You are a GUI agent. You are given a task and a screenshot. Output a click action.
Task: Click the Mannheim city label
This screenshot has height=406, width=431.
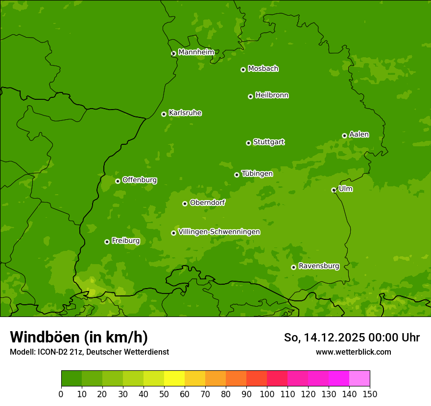click(x=196, y=52)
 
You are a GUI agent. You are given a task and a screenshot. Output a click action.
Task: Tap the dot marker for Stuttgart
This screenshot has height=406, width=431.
click(x=248, y=143)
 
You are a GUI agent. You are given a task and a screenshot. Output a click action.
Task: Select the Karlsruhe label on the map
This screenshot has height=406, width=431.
click(x=185, y=113)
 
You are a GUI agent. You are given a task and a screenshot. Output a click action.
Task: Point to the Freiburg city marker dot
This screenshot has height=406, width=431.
click(x=107, y=242)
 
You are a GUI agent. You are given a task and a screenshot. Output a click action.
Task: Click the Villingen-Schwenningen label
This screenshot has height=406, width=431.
click(x=219, y=232)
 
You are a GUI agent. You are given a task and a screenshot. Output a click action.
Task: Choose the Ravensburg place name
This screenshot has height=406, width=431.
click(x=318, y=266)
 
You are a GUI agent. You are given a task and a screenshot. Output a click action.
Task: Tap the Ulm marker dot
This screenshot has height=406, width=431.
click(x=334, y=190)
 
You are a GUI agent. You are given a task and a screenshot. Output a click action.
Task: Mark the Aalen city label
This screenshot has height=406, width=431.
click(x=359, y=135)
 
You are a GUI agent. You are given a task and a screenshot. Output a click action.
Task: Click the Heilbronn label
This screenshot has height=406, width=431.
click(x=272, y=95)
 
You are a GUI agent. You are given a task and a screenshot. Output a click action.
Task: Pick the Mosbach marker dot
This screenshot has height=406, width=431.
click(x=243, y=69)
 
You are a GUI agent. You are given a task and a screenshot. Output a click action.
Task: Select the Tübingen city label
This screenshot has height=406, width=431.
click(x=257, y=174)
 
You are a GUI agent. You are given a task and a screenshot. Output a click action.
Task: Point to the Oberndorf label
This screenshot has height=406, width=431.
click(x=207, y=203)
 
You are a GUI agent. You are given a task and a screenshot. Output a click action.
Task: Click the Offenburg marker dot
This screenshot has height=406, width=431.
click(x=118, y=181)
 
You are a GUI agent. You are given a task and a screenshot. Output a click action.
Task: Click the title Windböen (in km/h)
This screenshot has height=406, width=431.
click(x=79, y=337)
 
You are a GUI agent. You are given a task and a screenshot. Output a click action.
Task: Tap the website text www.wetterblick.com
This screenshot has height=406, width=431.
click(x=353, y=352)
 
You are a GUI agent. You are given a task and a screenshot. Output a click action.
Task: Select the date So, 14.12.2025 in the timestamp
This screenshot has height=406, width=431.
click(x=323, y=338)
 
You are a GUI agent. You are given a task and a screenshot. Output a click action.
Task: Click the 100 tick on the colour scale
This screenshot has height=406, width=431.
click(x=267, y=394)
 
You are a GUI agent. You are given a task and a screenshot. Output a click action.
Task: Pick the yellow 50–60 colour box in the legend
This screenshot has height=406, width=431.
click(x=174, y=379)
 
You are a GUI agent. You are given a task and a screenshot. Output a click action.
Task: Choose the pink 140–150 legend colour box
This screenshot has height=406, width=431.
click(x=359, y=379)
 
